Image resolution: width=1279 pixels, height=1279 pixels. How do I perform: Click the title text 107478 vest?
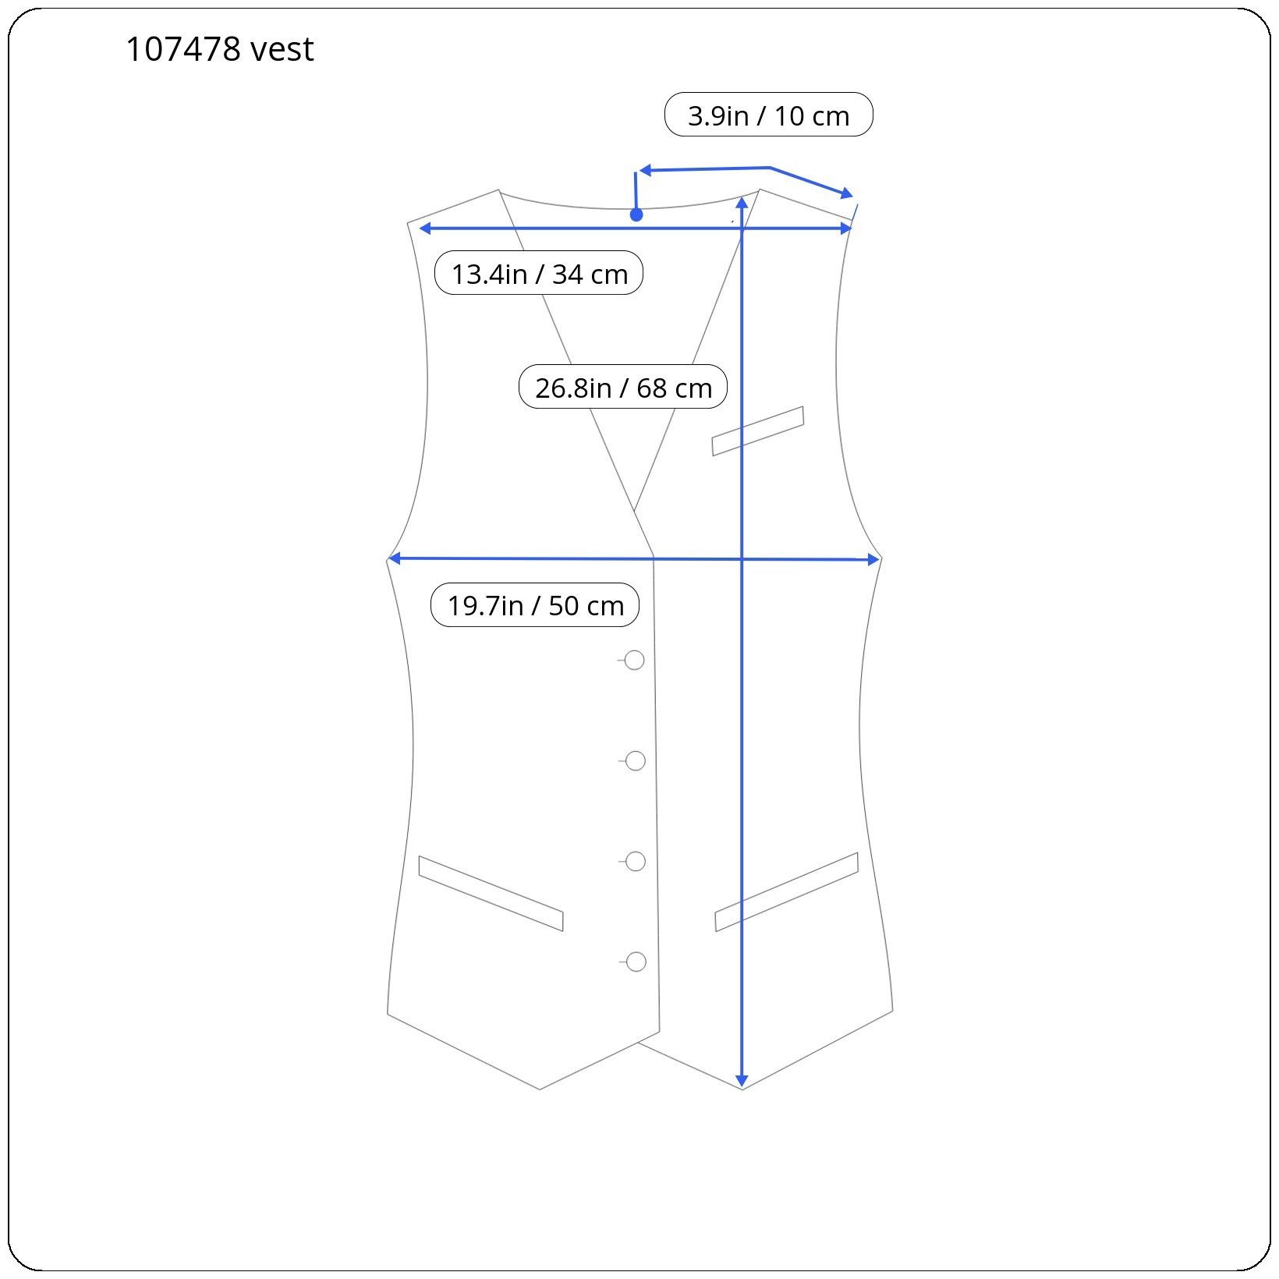[219, 49]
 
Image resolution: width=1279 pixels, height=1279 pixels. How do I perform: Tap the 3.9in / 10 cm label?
[768, 115]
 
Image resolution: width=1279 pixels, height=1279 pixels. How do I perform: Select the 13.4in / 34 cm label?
[539, 273]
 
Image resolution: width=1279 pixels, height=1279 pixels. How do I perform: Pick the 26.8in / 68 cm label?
[623, 387]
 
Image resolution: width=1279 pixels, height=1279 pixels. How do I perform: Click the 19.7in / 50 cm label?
[535, 604]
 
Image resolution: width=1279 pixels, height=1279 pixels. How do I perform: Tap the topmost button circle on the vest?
[635, 661]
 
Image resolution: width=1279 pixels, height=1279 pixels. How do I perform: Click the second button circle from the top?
[636, 761]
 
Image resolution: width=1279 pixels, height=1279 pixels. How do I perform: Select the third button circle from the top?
[636, 862]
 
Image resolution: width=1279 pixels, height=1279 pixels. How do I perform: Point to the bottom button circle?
[636, 962]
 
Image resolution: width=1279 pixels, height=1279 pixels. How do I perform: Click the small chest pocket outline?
[757, 431]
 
